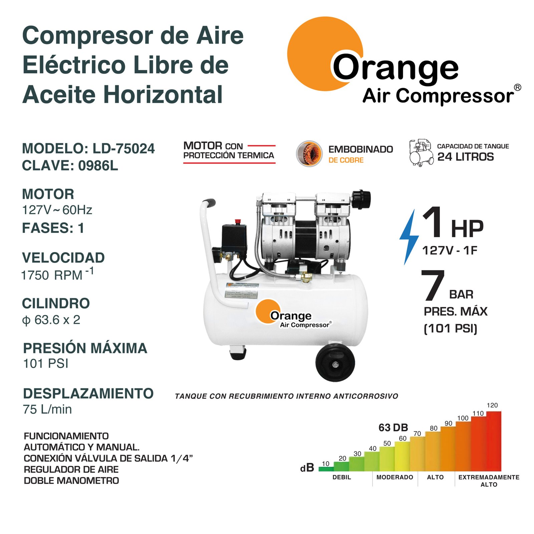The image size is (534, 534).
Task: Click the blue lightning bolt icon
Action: pyautogui.click(x=410, y=237)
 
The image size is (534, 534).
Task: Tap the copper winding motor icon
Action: pyautogui.click(x=309, y=154)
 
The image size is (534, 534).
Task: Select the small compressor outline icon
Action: pyautogui.click(x=422, y=153)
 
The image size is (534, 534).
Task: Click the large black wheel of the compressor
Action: pyautogui.click(x=335, y=363)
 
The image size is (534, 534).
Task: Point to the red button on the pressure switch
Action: pyautogui.click(x=238, y=222)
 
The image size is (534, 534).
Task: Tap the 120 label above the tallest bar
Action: pyautogui.click(x=492, y=405)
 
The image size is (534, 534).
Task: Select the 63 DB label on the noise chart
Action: pyautogui.click(x=393, y=428)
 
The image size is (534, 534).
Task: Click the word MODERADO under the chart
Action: pyautogui.click(x=395, y=477)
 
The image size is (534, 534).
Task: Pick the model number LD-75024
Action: pyautogui.click(x=124, y=149)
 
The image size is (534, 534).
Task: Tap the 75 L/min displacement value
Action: pyautogui.click(x=47, y=409)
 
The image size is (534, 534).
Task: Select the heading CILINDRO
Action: pyautogui.click(x=56, y=303)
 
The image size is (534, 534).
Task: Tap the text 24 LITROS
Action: pyautogui.click(x=466, y=157)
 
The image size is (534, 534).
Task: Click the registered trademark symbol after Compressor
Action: pyautogui.click(x=517, y=87)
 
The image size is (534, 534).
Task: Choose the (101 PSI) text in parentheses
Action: pyautogui.click(x=451, y=328)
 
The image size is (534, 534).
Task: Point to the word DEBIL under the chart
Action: pyautogui.click(x=342, y=477)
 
